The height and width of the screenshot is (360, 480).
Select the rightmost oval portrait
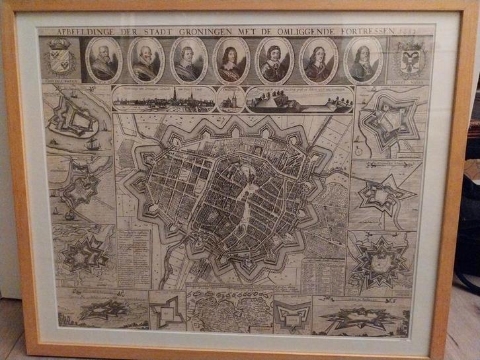coord(364,60)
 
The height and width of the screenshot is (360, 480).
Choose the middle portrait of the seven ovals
coord(231,60)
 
